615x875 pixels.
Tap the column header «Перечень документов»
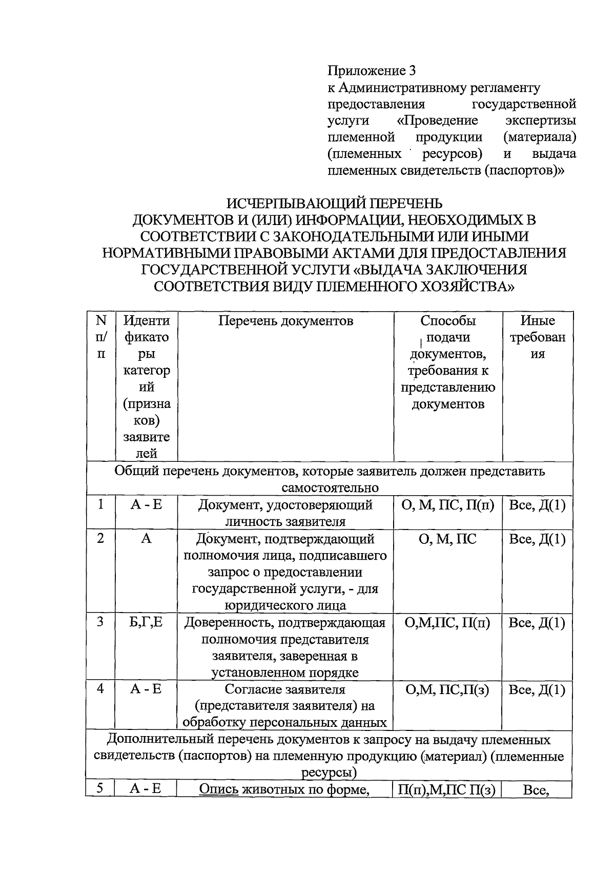285,321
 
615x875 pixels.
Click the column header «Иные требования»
537,337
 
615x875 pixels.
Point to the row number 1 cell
101,504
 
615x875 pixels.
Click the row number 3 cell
101,622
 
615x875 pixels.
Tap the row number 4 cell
101,689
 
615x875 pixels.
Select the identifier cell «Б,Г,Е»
146,622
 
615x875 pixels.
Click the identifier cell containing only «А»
146,539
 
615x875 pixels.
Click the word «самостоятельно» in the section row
330,487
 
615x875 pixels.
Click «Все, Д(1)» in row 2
537,539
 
